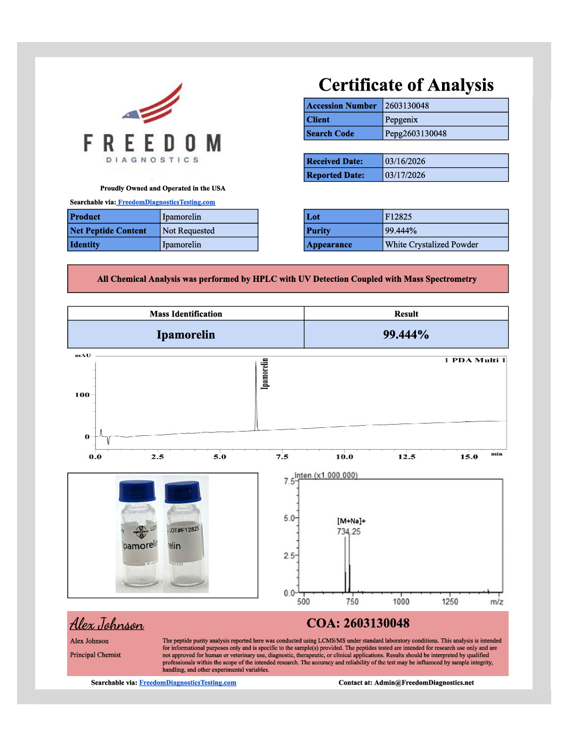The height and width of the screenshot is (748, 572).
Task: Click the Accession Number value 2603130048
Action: point(407,105)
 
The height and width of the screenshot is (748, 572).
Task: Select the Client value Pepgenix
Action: point(402,120)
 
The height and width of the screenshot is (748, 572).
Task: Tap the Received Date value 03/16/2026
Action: point(405,161)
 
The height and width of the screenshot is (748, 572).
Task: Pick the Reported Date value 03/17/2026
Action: point(405,175)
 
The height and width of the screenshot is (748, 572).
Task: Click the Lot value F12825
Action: point(398,217)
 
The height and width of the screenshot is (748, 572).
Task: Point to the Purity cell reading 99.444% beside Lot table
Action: point(401,231)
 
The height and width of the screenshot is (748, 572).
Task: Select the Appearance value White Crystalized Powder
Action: point(431,245)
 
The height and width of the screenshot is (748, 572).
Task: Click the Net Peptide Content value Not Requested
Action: point(189,231)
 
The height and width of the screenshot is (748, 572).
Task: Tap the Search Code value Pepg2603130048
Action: point(416,134)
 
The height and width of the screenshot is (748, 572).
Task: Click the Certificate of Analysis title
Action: point(406,85)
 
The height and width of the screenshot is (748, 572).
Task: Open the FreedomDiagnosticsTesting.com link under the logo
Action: point(167,202)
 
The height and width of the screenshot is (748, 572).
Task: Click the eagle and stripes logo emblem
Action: point(156,104)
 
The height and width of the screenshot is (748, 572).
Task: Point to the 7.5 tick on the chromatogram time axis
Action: point(282,457)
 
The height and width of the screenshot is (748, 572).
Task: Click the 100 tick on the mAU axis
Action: point(83,395)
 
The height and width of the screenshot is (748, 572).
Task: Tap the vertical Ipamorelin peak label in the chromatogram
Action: point(265,373)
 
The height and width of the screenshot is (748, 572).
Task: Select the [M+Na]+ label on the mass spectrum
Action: point(352,521)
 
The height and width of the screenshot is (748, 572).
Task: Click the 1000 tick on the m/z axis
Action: point(401,601)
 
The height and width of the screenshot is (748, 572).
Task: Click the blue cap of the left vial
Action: point(137,491)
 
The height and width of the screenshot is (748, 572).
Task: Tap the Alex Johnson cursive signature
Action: point(107,624)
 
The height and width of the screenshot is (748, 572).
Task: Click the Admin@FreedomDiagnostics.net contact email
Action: point(424,682)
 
